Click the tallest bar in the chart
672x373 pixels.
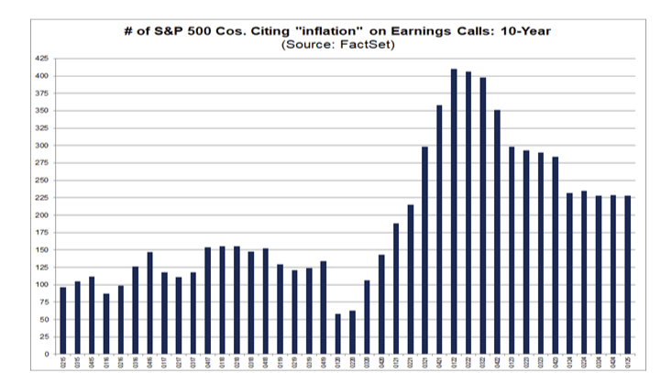pos(454,211)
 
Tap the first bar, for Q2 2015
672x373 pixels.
pos(63,321)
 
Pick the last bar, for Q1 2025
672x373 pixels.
pos(628,275)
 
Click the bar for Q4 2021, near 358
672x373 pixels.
pos(439,229)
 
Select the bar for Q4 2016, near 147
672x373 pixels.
pos(150,302)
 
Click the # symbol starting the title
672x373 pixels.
pos(127,31)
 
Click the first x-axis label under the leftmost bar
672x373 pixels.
pos(63,363)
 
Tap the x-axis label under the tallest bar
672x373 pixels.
pos(454,363)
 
